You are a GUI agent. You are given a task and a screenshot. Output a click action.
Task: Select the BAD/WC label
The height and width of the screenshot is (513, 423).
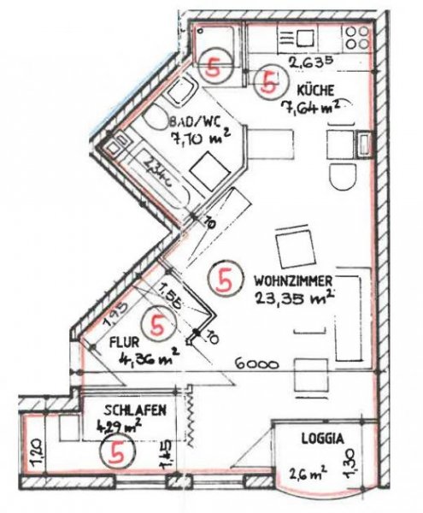[x=192, y=123]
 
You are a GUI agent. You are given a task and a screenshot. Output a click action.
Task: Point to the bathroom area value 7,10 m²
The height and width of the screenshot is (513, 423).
[x=201, y=139]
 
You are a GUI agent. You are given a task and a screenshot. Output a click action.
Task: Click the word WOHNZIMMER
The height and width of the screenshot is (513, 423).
[x=293, y=280]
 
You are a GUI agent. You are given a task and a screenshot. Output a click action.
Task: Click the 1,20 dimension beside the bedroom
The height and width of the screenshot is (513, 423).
[x=32, y=451]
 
